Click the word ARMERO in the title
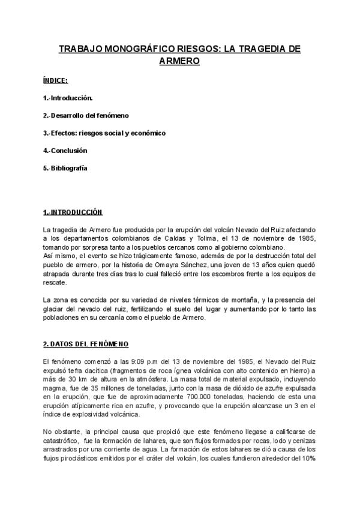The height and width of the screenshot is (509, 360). (179, 61)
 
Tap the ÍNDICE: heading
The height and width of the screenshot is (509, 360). (55, 80)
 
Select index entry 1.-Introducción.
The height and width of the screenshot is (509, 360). (67, 97)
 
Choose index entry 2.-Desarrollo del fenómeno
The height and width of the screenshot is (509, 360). (86, 115)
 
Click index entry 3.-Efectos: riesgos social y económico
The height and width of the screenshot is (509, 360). (104, 133)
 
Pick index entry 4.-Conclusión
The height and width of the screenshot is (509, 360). (65, 150)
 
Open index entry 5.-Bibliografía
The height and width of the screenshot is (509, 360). (65, 168)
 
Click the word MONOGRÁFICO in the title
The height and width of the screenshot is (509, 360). (133, 49)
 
